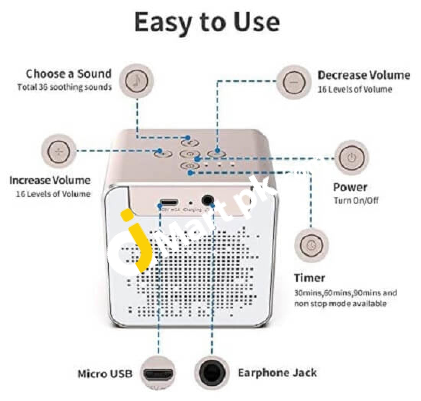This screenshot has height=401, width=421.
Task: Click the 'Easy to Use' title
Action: point(207,23)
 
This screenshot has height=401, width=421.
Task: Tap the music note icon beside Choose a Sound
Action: point(137,81)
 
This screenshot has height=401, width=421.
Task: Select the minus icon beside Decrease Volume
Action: point(293,82)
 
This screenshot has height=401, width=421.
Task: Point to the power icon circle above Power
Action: point(352,158)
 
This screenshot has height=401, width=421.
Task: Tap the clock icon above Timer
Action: point(311,244)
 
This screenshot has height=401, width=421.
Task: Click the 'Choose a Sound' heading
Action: point(69,73)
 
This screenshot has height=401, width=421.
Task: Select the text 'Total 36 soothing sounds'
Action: point(64,87)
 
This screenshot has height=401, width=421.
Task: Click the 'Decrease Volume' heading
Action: point(364,75)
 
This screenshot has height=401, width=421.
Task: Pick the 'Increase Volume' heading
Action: point(50,180)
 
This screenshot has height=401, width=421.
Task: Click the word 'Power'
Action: point(350,187)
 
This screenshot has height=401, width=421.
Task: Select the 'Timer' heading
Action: point(309,278)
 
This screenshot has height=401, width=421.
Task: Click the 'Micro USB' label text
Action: point(105,373)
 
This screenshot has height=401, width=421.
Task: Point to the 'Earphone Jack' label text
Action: point(277,373)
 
